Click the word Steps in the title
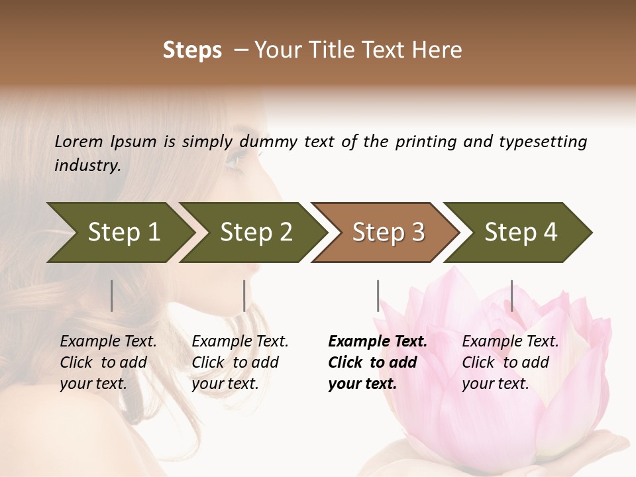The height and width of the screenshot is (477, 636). tap(192, 50)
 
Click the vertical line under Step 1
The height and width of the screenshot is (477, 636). tap(111, 295)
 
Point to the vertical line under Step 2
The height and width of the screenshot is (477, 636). tap(244, 295)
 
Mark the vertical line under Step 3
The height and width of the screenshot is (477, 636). tap(378, 295)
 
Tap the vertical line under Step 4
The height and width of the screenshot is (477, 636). tap(511, 295)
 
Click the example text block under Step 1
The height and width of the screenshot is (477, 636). tap(108, 362)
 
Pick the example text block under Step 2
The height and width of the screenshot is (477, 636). tap(240, 362)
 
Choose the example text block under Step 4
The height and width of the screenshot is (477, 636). tap(510, 362)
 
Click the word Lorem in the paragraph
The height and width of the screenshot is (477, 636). tap(79, 141)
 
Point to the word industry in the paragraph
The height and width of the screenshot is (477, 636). tap(87, 165)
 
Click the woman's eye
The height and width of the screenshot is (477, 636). tap(235, 159)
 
